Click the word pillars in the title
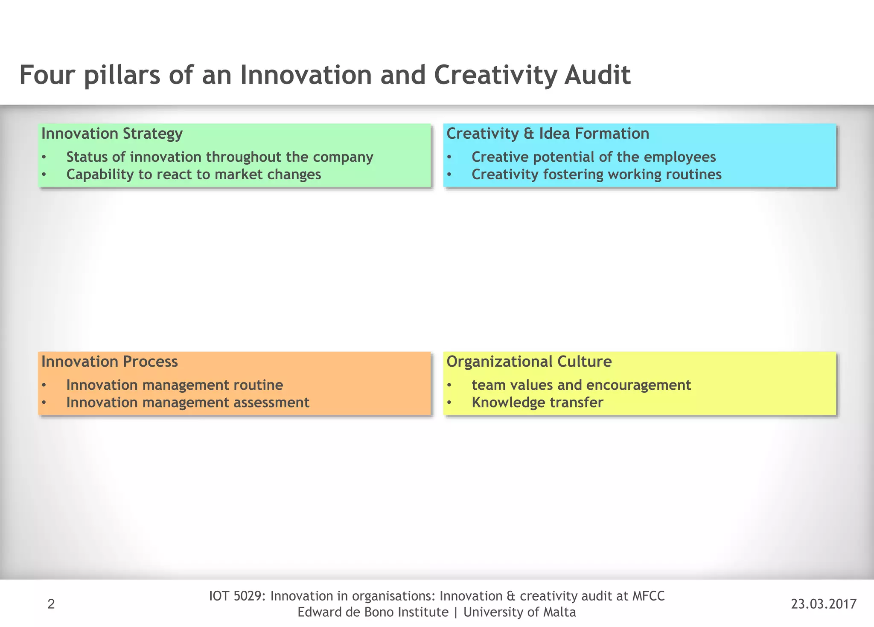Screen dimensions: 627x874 (122, 75)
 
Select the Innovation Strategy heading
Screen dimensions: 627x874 (112, 134)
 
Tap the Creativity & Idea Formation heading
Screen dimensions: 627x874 (548, 134)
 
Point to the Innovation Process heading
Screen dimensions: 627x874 (109, 362)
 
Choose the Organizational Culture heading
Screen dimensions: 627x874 (529, 362)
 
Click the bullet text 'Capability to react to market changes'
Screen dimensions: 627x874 (193, 175)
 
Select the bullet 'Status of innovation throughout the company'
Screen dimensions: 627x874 (219, 157)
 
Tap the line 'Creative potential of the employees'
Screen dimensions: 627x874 (593, 157)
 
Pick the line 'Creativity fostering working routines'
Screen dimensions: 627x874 (596, 175)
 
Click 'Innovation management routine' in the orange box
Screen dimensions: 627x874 (175, 385)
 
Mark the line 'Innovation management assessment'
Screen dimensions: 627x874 (188, 402)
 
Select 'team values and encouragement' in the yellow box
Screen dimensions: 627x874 (581, 385)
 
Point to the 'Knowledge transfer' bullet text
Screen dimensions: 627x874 (537, 402)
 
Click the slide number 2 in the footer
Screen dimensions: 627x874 (51, 604)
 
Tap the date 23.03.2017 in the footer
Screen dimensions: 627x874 (824, 604)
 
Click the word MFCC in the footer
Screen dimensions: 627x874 (648, 596)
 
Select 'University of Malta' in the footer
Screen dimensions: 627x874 (519, 612)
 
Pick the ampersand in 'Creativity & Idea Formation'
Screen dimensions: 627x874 (529, 134)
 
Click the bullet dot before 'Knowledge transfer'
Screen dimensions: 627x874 (449, 403)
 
